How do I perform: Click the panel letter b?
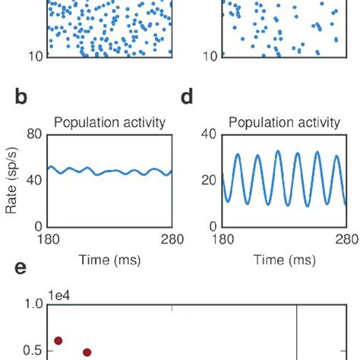pos(21,98)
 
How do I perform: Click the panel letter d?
pos(187,98)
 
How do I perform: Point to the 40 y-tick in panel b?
pos(33,181)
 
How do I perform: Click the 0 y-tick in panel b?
pos(36,226)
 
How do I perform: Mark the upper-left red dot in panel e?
pos(58,341)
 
